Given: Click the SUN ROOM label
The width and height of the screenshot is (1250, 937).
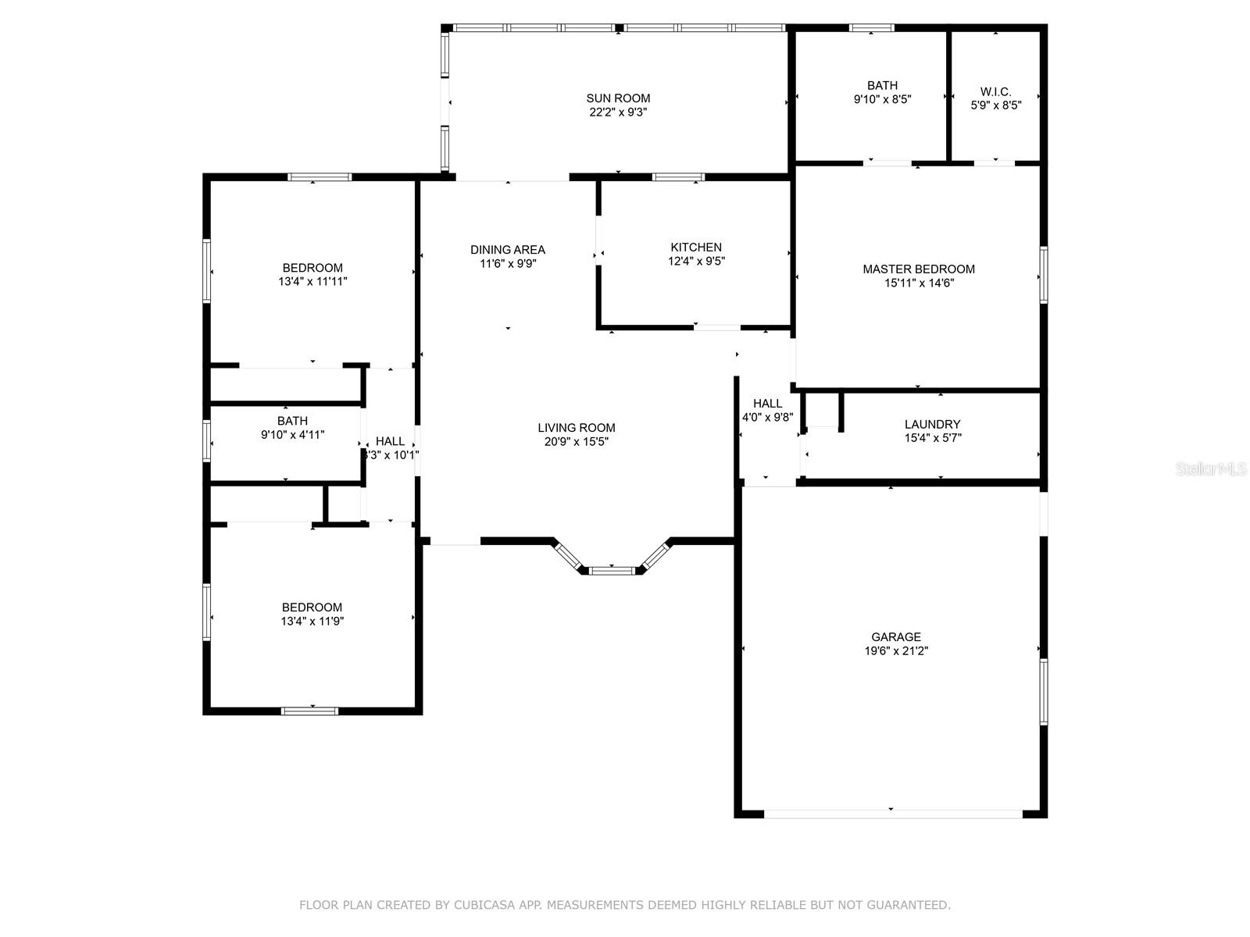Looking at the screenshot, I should click(x=618, y=98).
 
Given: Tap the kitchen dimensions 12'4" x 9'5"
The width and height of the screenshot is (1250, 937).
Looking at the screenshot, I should click(x=696, y=262).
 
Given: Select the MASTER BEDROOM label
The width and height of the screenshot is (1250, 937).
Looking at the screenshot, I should click(x=919, y=269).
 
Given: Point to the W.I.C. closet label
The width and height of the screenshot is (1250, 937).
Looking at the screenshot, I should click(x=995, y=91).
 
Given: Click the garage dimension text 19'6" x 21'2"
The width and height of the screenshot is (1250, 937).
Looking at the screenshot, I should click(x=896, y=650).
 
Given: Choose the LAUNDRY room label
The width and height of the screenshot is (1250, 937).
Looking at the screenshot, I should click(x=932, y=425).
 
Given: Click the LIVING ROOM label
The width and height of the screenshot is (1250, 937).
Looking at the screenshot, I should click(x=577, y=428).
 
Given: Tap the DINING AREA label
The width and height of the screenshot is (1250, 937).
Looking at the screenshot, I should click(x=508, y=250).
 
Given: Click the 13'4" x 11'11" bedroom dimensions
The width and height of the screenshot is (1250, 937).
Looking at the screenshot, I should click(x=312, y=281).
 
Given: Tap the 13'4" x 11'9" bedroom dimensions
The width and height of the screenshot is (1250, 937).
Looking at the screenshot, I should click(x=312, y=622).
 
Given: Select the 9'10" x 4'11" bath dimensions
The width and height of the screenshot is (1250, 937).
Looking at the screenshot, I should click(x=292, y=435).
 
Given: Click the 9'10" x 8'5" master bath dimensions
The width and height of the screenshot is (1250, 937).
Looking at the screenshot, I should click(x=882, y=99).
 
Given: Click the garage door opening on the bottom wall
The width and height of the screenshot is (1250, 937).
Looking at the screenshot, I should click(x=892, y=814).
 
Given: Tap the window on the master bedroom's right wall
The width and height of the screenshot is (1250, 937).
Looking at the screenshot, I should click(x=1043, y=275).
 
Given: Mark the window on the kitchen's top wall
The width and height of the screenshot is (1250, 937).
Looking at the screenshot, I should click(x=677, y=177).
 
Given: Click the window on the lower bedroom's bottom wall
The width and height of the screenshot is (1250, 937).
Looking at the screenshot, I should click(x=310, y=711).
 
